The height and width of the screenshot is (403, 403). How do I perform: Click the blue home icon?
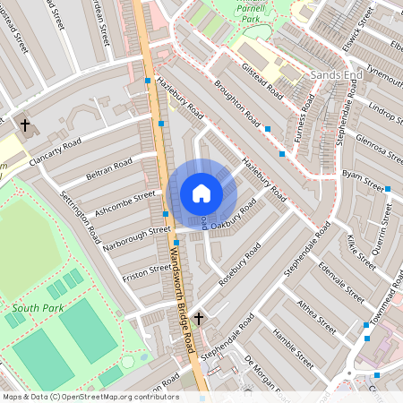point(201,193)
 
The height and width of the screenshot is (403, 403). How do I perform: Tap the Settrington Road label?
point(81,216)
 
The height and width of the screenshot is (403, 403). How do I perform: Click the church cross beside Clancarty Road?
point(24,124)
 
